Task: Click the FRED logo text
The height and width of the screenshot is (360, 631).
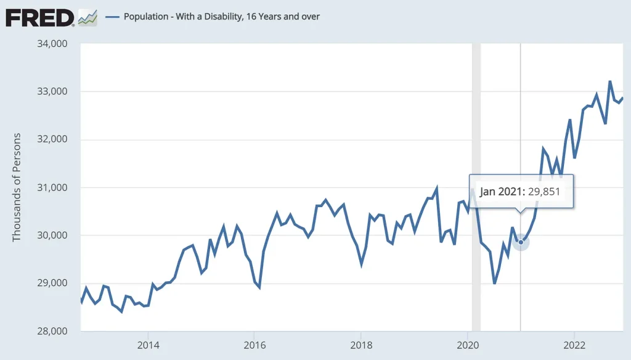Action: [39, 17]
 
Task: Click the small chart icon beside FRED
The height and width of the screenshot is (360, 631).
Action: [87, 17]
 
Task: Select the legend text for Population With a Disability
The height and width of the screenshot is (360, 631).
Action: [222, 17]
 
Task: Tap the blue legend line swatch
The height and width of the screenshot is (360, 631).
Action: [112, 17]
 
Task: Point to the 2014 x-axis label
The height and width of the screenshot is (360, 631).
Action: [148, 345]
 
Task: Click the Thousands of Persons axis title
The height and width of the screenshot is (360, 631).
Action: [17, 187]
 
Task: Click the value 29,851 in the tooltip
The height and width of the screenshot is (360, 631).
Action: [543, 191]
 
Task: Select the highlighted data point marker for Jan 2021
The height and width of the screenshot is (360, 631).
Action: [521, 242]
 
